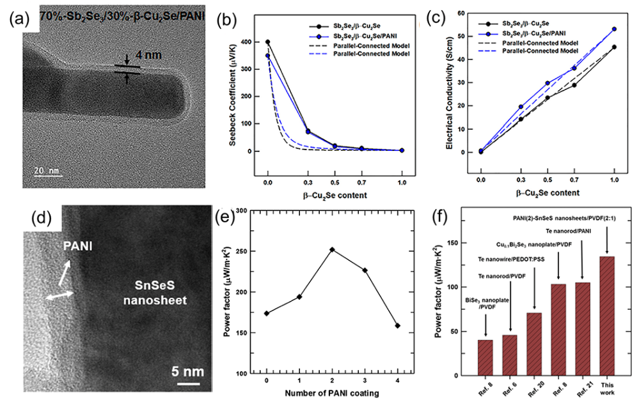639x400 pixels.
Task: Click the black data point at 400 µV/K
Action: click(267, 42)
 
